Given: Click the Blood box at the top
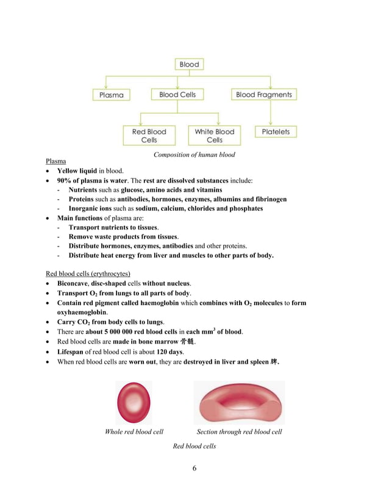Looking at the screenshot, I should point(189,64).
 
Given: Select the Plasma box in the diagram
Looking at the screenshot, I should point(111,95).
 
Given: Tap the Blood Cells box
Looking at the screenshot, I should point(177,95).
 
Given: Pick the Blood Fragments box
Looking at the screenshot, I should point(263,95).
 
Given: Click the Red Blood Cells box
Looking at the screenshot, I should point(149,135).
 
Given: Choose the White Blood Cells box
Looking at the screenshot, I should point(214,135).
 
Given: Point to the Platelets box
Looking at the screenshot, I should point(276,132).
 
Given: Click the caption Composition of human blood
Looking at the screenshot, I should point(194,155).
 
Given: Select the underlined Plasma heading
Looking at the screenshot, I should point(56,161).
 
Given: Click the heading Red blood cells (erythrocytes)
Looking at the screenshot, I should point(88,273).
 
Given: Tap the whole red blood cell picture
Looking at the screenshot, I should point(134,402).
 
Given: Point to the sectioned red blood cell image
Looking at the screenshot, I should point(239,403).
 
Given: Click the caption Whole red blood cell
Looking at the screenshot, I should point(134,432).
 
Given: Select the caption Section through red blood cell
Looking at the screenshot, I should point(239,432).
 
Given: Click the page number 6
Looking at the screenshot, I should point(194,469).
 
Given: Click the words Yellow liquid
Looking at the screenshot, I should point(77,171).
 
